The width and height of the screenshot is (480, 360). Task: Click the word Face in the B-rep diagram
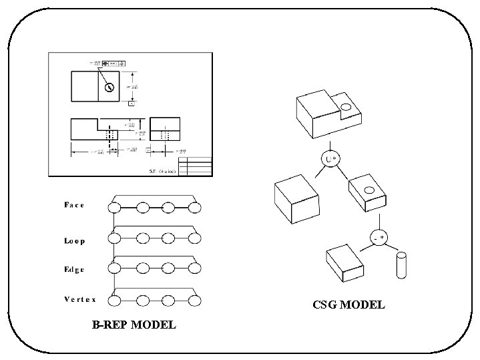[74, 205]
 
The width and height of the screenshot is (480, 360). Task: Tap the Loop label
[74, 240]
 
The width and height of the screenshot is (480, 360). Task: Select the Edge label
[74, 269]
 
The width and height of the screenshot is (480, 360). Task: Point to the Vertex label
[80, 299]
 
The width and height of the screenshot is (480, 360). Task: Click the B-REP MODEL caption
[134, 325]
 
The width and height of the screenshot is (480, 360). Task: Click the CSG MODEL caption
[348, 305]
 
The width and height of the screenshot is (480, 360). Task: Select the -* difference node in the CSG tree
[379, 238]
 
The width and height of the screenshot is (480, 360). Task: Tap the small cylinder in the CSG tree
[402, 265]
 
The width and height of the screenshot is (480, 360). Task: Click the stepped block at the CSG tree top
[326, 112]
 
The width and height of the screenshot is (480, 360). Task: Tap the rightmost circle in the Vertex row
[194, 300]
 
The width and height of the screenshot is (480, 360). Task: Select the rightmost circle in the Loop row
[194, 238]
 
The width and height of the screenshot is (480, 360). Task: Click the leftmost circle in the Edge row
[115, 268]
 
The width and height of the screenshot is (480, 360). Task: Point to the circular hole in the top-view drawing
[108, 86]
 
